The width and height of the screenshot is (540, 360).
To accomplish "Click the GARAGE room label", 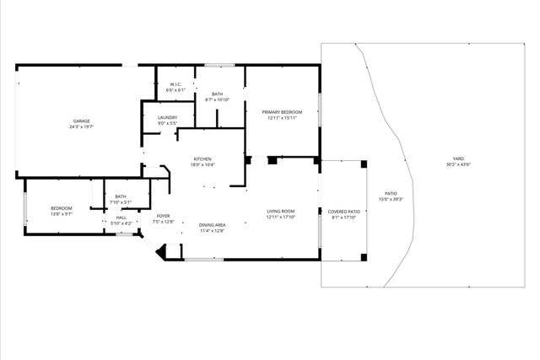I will tap(81, 121).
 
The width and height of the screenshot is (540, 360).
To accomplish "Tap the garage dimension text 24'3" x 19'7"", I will tap(81, 127).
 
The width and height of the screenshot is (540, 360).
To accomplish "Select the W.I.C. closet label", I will tap(176, 83).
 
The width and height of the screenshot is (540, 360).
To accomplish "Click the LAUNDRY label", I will tap(167, 117).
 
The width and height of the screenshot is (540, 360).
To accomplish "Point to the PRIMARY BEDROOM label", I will tap(282, 111).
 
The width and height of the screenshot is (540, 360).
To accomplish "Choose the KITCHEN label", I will tap(202, 159).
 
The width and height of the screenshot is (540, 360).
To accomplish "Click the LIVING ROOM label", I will tap(280, 211).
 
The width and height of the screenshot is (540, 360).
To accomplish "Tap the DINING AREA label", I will tap(212, 224).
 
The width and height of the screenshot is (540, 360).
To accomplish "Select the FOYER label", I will tap(164, 216).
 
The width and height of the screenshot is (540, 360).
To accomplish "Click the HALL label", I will tap(121, 218).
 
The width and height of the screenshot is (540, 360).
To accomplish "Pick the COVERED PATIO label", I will tap(343, 211).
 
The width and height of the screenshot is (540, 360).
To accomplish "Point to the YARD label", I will tap(458, 159).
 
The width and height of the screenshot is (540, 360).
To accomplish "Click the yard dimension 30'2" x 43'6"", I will tap(458, 165).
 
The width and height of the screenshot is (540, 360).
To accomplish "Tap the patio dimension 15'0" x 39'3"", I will tap(391, 199).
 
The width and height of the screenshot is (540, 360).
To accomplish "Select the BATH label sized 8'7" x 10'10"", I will tap(218, 94).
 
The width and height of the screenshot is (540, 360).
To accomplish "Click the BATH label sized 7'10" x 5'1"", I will tap(121, 196).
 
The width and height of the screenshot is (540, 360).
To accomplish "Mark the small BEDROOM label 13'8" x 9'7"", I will tap(61, 208).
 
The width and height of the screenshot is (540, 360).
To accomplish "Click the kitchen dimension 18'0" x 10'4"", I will tap(202, 165).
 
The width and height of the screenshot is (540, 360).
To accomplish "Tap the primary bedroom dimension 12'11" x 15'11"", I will tap(282, 118).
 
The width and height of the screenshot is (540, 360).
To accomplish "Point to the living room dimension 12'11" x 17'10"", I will tap(280, 218).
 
